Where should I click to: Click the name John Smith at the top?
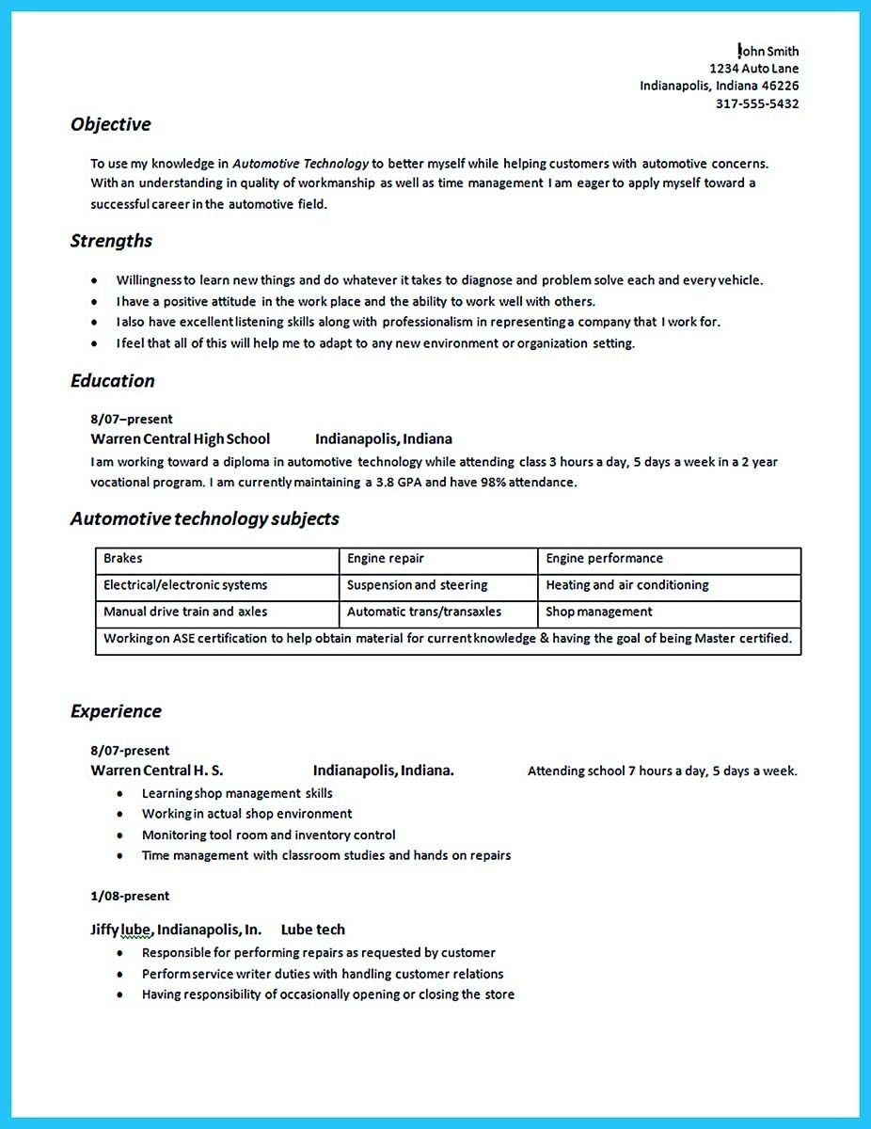[769, 51]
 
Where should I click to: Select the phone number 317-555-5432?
[757, 103]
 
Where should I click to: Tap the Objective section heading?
[110, 124]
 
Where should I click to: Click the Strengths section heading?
[111, 241]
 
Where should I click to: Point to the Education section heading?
[112, 381]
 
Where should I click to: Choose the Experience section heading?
[116, 711]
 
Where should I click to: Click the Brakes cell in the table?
[123, 559]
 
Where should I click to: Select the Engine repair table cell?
[386, 559]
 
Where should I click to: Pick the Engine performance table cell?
[604, 559]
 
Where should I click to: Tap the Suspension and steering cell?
[417, 585]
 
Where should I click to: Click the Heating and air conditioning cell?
[626, 585]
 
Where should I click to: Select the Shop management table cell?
[598, 612]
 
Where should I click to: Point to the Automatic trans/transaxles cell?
[423, 612]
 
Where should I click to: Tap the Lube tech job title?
[312, 930]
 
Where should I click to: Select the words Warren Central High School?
[180, 438]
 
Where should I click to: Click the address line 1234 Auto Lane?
[754, 69]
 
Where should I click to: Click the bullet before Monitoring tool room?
[120, 835]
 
